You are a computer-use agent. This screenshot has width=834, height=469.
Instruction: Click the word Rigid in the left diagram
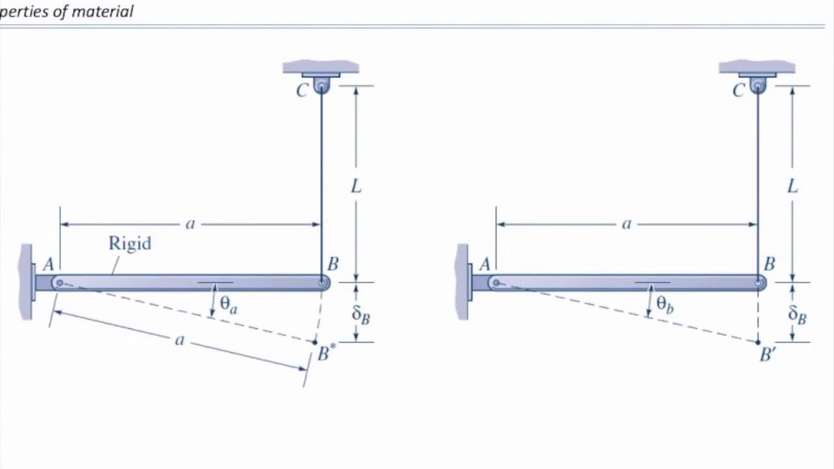tap(130, 244)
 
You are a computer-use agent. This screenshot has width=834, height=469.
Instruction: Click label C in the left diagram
tap(302, 91)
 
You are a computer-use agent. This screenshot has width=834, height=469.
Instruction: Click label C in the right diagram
tap(738, 91)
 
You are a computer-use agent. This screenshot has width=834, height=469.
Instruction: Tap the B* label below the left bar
tap(326, 354)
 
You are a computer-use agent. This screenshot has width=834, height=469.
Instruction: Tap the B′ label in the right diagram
tap(768, 355)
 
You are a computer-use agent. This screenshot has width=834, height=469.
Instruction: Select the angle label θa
tap(228, 304)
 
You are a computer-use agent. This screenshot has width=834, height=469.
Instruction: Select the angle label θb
tap(665, 304)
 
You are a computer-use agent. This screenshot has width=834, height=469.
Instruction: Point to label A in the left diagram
tap(48, 264)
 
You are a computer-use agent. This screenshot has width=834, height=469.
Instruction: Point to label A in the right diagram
tap(485, 264)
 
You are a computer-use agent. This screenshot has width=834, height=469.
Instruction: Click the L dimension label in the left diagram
tap(356, 187)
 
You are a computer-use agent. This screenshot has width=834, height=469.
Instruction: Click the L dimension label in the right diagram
tap(792, 187)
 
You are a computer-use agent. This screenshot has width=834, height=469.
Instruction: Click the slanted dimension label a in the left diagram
tap(180, 340)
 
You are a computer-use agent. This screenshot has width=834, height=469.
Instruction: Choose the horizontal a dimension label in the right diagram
tap(627, 224)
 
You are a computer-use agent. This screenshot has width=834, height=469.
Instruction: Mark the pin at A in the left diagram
tap(59, 283)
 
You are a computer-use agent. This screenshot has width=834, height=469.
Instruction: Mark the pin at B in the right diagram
tap(758, 283)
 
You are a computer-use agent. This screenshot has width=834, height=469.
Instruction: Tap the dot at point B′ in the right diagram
tap(758, 342)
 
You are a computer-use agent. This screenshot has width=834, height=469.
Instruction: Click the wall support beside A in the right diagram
tap(463, 282)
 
